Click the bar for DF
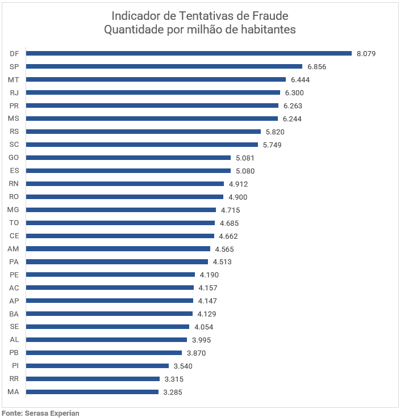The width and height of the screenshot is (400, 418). (189, 53)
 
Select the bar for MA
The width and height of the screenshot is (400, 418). (92, 392)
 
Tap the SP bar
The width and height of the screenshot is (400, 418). (164, 66)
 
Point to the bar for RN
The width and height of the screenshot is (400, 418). (125, 184)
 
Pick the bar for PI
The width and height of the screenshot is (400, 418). (97, 366)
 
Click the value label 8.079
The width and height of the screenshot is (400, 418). (366, 54)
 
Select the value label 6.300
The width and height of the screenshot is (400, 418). (294, 92)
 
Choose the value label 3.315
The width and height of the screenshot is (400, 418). (174, 379)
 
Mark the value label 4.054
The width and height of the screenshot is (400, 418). (203, 327)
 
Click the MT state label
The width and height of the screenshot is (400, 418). (14, 79)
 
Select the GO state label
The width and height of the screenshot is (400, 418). (15, 158)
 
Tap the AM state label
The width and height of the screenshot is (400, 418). (14, 249)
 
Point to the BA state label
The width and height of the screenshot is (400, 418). (15, 314)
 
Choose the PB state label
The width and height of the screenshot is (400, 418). (15, 353)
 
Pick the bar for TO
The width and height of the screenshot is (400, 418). (120, 223)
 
